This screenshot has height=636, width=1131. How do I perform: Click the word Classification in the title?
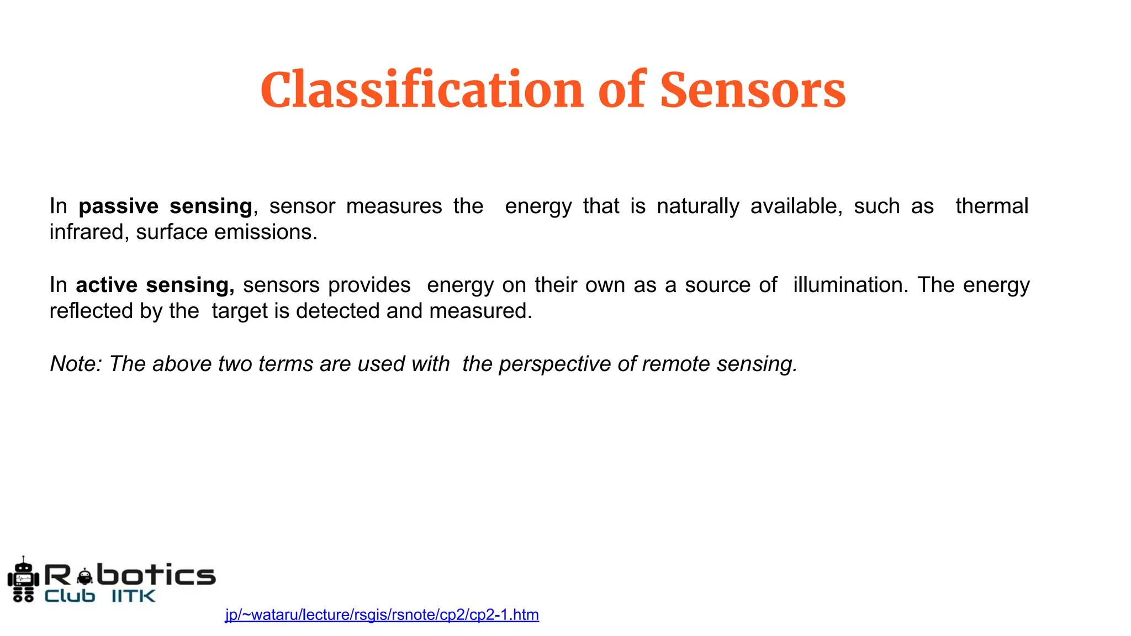tap(421, 89)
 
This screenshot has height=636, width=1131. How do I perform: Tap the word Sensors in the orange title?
tap(753, 89)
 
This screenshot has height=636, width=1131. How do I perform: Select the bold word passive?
tap(119, 206)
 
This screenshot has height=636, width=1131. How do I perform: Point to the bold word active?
tap(107, 285)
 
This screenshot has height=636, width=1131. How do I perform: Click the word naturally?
tap(698, 206)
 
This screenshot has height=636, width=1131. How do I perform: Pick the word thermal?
tap(992, 206)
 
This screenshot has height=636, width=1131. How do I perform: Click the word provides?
tap(369, 285)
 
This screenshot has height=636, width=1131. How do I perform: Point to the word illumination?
tap(850, 285)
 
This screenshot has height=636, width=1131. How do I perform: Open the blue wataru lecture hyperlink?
tap(382, 615)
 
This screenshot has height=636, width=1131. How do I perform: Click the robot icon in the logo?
tap(23, 580)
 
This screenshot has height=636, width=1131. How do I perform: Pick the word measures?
tap(394, 206)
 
